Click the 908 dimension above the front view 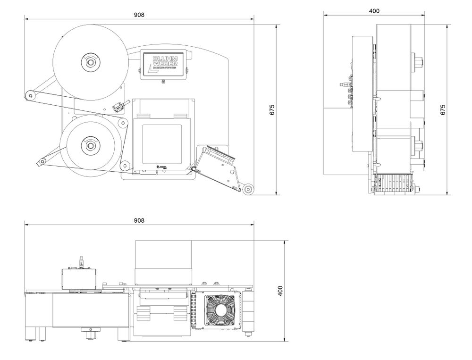[139, 15]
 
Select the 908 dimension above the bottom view [139, 220]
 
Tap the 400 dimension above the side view [374, 11]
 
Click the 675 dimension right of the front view [272, 109]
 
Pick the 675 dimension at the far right [443, 109]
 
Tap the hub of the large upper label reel [90, 62]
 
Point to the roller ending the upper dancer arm [30, 96]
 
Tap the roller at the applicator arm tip [248, 189]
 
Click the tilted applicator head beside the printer [216, 163]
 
